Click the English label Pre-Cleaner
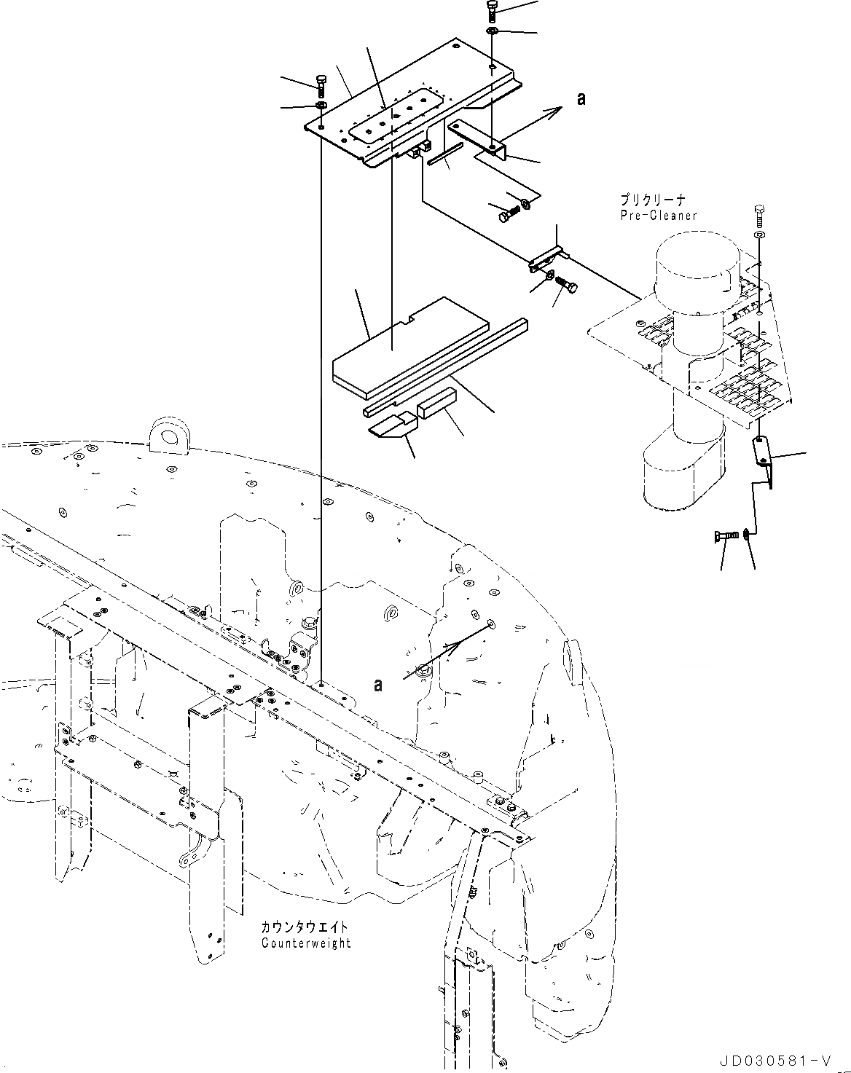658,216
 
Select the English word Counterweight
306,943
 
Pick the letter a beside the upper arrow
581,99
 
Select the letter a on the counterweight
377,685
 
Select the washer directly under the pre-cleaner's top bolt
760,235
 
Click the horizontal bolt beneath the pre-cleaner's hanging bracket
726,538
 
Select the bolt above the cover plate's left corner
321,84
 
